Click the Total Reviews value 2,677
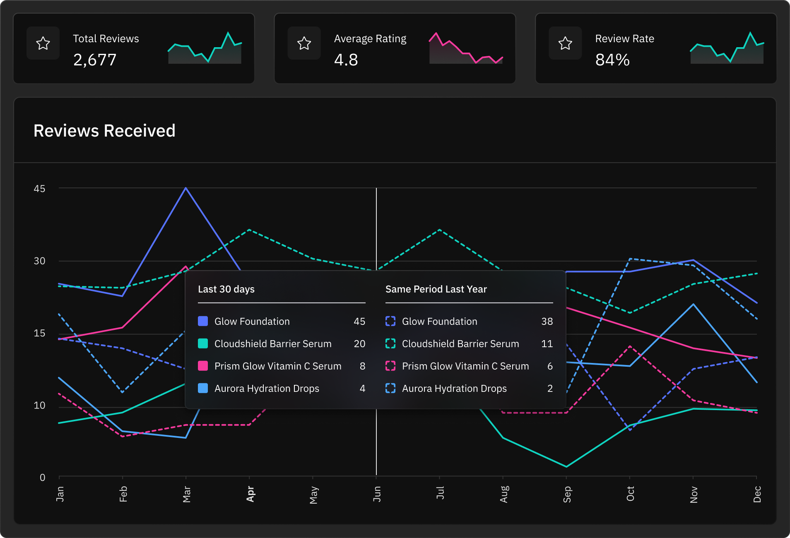[95, 60]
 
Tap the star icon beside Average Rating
[304, 43]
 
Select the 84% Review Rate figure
[612, 60]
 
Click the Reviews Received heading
[104, 131]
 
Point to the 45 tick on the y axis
[39, 189]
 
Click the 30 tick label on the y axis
[39, 261]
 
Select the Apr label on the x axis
[250, 494]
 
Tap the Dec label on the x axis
[757, 494]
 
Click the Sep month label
[567, 494]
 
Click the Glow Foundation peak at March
[186, 188]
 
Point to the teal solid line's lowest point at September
[566, 466]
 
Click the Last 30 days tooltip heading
[226, 289]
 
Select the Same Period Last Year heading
[436, 289]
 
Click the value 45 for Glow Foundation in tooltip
[359, 322]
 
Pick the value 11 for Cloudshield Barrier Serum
[547, 344]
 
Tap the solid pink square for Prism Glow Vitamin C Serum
[203, 366]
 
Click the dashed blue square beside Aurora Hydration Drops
[390, 388]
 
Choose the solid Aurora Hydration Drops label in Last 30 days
[267, 389]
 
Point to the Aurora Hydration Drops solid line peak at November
[693, 304]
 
